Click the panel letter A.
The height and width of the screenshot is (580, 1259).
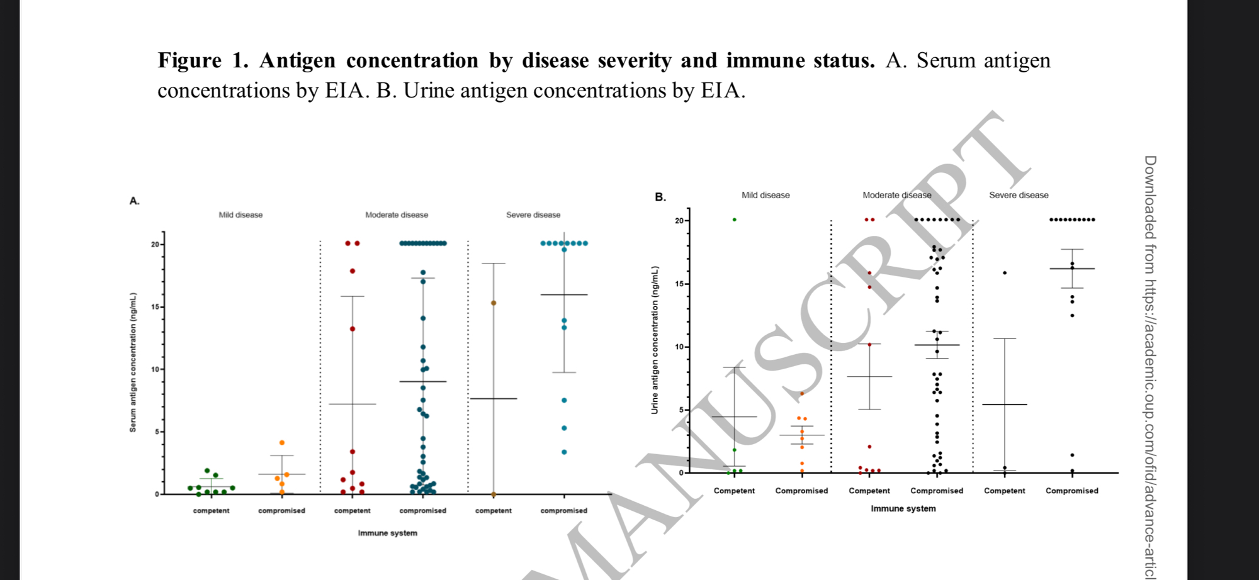click(x=134, y=201)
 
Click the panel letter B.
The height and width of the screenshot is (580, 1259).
click(x=660, y=197)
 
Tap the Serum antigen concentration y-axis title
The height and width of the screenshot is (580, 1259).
click(x=133, y=362)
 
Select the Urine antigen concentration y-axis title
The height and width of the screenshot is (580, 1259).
click(x=655, y=340)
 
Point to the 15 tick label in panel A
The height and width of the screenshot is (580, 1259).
click(x=155, y=307)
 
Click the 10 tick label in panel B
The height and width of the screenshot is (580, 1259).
click(x=679, y=347)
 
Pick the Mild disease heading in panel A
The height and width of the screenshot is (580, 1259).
click(x=240, y=215)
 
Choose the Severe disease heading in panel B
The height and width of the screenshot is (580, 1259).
click(x=1019, y=195)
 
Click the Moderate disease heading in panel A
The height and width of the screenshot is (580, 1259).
click(x=397, y=215)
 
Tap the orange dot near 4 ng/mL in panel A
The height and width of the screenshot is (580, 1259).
click(x=282, y=443)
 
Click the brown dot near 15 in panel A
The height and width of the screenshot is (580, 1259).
click(x=494, y=303)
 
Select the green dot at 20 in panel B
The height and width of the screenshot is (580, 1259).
click(x=735, y=220)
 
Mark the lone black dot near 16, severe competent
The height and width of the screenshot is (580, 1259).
click(x=1005, y=273)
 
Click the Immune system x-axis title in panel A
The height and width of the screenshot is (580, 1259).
click(x=387, y=533)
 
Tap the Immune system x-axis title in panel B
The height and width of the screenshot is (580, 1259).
click(x=903, y=508)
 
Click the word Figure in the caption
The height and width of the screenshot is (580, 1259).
click(x=189, y=60)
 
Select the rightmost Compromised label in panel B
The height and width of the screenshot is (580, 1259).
click(x=1071, y=491)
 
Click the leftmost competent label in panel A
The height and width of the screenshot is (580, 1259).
click(x=211, y=511)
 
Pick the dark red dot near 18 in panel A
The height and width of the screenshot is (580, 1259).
click(x=353, y=271)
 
